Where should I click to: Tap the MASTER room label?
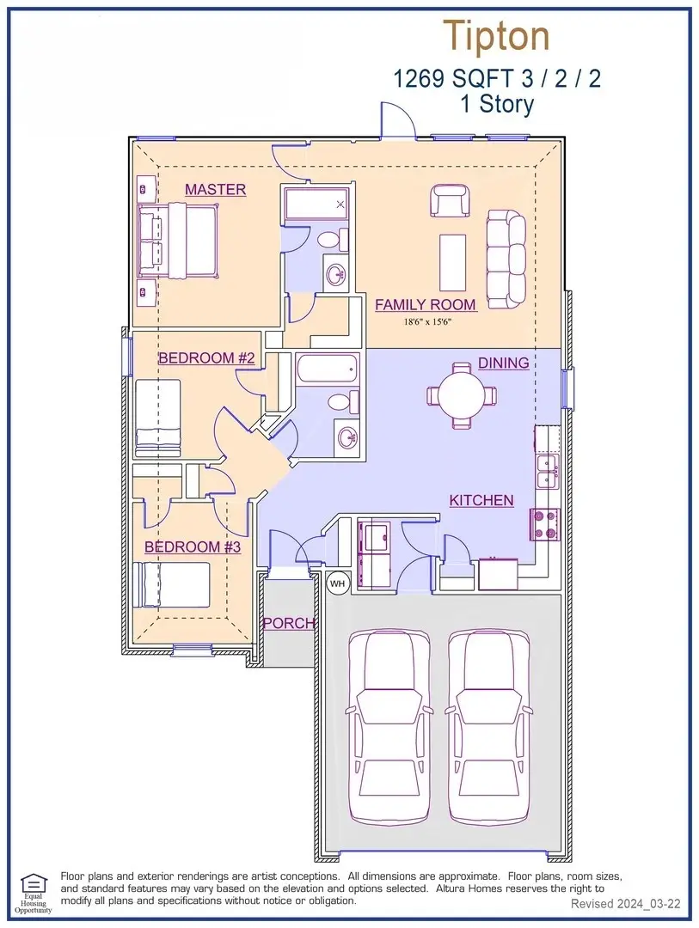point(215,189)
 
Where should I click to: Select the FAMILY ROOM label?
point(426,305)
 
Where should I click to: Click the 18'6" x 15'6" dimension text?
point(432,322)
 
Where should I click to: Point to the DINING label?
point(504,363)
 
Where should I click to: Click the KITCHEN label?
point(481,500)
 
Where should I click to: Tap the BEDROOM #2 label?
point(206,358)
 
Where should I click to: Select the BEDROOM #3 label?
point(193,546)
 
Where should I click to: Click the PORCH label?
point(289,623)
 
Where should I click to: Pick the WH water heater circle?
point(337,583)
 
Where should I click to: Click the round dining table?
point(462,394)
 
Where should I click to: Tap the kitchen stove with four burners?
point(544,525)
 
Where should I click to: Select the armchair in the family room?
point(450,200)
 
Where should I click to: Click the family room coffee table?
point(452,264)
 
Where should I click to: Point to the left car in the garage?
point(389,727)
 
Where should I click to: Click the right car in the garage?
point(489,727)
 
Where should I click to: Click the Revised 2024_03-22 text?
point(626,904)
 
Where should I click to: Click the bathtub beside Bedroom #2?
point(328,368)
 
